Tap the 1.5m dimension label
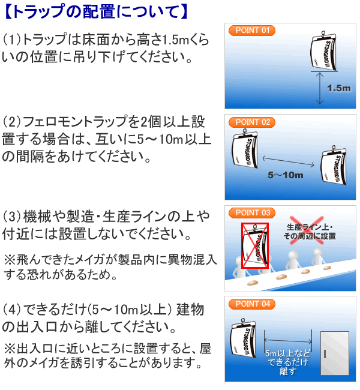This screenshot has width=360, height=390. pos(338,88)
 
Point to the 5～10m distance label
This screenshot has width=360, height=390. pos(286,176)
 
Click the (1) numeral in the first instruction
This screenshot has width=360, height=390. pos(12,40)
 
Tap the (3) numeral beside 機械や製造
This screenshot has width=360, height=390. pos(12,215)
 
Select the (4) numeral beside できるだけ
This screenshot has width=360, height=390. pos(12,310)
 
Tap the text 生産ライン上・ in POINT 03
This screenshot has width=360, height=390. pos(310,227)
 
